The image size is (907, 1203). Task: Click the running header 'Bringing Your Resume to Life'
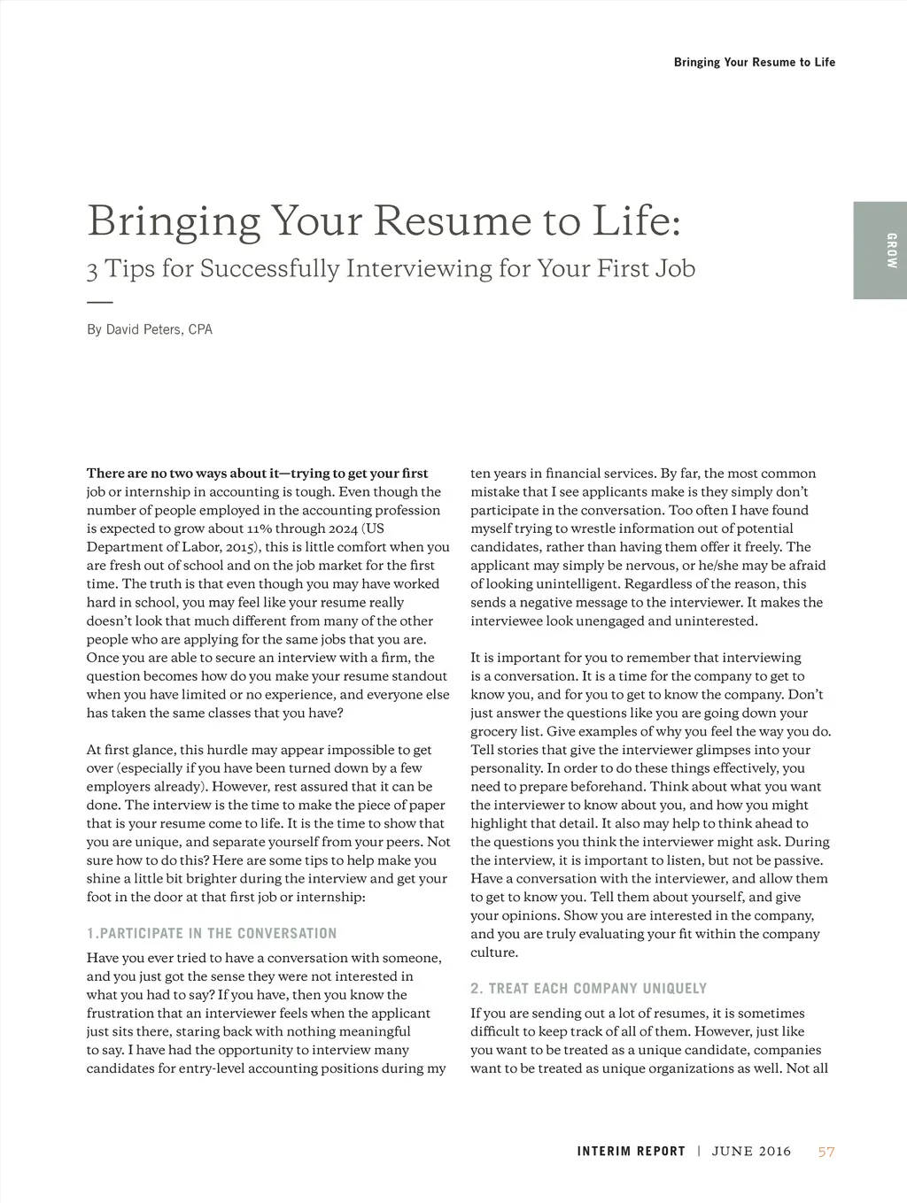coord(754,62)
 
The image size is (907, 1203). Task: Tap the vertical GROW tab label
coord(890,251)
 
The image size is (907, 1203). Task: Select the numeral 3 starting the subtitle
coord(92,270)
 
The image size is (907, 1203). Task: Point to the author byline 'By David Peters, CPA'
coord(150,330)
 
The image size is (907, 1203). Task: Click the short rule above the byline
coord(100,302)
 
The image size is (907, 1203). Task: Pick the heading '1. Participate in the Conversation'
coord(212,933)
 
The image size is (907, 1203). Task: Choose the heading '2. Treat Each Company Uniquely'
coord(588,988)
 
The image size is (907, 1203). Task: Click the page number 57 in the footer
coord(826,1152)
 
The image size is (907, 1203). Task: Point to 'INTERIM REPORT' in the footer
coord(631,1152)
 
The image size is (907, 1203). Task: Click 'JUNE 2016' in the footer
coord(751,1152)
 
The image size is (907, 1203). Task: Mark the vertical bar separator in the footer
coord(699,1152)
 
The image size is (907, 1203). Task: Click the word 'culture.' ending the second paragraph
coord(494,952)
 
